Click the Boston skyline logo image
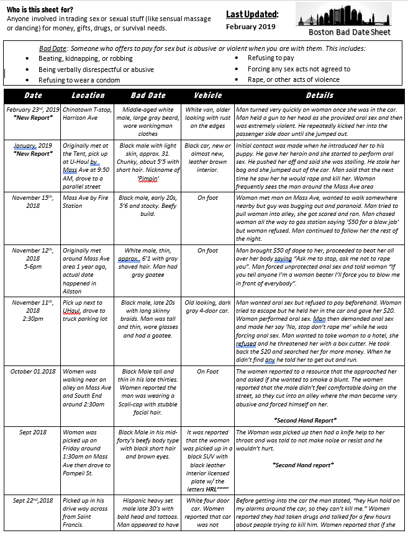[x=351, y=15]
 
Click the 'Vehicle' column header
[x=208, y=96]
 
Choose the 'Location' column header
[x=88, y=96]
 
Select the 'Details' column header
[x=319, y=96]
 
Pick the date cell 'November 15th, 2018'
[x=32, y=202]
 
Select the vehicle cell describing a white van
[x=208, y=118]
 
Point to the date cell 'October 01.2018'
[x=33, y=371]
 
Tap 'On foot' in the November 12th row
[x=208, y=251]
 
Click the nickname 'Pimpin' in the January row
[x=147, y=176]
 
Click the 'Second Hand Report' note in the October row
[x=304, y=420]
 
